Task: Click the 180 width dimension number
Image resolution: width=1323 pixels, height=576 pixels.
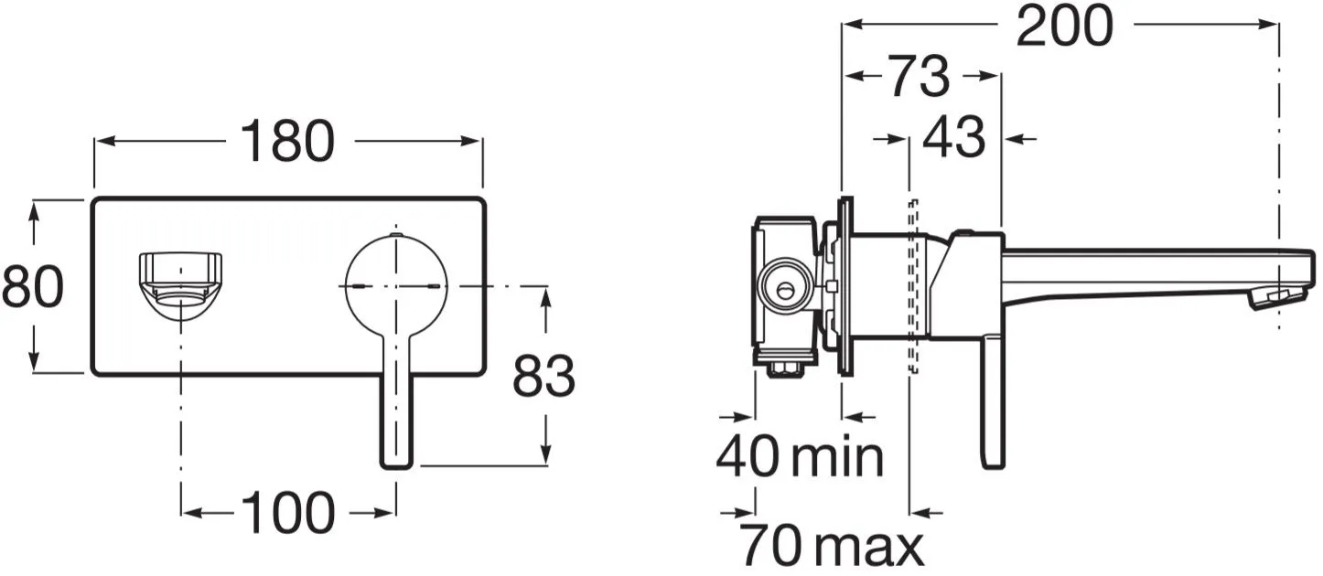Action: point(287,141)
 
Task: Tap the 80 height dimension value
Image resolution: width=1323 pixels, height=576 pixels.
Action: point(32,287)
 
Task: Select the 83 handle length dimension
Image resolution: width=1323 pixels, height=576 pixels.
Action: point(543,376)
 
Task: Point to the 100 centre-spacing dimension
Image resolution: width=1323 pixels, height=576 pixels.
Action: point(287,512)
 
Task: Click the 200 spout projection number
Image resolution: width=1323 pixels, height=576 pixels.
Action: point(1065,25)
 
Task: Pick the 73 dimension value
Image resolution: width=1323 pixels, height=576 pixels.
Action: point(920,76)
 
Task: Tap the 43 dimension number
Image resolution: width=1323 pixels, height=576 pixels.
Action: point(954,136)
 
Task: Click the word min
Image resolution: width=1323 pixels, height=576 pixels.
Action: point(837,457)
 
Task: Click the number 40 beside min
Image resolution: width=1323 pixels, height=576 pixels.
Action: point(748,455)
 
